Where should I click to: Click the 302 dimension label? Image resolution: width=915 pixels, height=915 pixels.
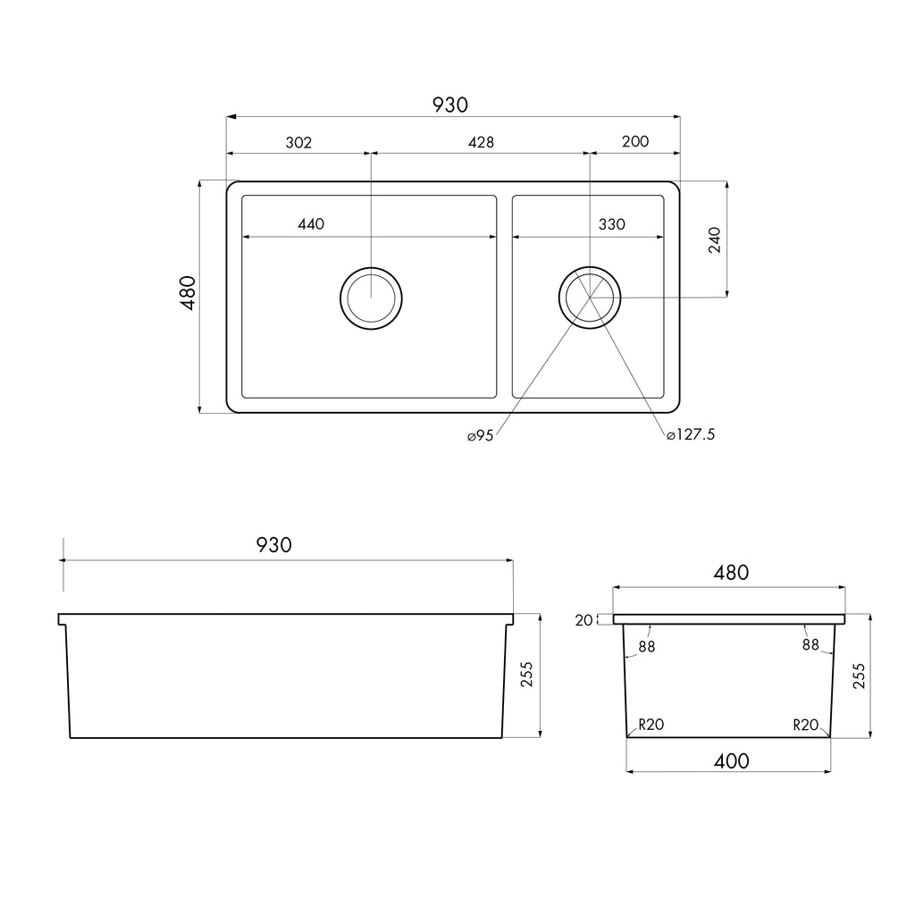(x=298, y=143)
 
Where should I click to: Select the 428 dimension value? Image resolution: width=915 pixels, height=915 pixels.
(x=481, y=143)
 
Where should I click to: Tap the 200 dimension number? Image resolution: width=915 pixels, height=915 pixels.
(x=635, y=142)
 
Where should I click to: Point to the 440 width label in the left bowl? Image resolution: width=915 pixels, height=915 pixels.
(x=310, y=224)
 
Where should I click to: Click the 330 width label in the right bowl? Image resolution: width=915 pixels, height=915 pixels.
(x=611, y=224)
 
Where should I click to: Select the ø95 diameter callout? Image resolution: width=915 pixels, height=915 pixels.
(x=480, y=435)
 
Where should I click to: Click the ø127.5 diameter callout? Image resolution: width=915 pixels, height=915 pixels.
(x=691, y=435)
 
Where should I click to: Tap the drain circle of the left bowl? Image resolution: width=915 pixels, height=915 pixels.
(x=371, y=298)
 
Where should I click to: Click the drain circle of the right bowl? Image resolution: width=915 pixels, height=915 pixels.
(x=590, y=297)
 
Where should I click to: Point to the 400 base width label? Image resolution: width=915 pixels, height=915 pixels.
(x=731, y=761)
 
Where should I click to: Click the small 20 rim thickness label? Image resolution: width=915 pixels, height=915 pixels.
(x=584, y=620)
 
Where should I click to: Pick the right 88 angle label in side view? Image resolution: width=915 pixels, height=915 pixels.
(x=810, y=644)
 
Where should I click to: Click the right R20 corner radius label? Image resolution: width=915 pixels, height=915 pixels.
(x=805, y=725)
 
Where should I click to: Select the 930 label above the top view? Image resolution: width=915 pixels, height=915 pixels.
(x=450, y=105)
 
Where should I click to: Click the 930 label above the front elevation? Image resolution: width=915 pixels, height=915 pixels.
(x=273, y=545)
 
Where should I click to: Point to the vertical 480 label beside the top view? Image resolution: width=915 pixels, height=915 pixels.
(x=188, y=293)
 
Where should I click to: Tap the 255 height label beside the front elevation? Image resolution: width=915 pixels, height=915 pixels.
(x=526, y=676)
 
